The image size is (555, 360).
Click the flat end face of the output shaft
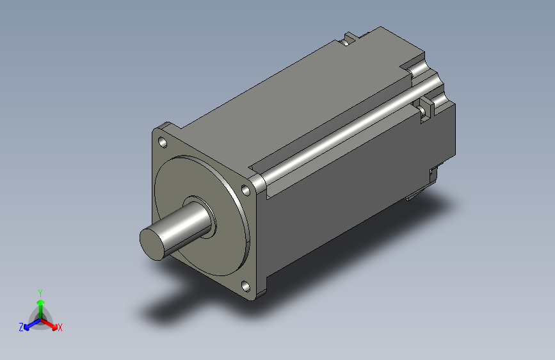click(153, 244)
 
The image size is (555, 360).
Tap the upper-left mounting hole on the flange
click(163, 142)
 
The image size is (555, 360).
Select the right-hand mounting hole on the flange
click(246, 190)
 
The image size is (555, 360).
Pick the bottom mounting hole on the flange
click(246, 286)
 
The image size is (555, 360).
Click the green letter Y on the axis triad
click(40, 293)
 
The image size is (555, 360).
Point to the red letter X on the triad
click(60, 328)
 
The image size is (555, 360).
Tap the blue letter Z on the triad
click(21, 327)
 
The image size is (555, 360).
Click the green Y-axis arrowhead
click(41, 302)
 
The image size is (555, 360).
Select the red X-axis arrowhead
click(54, 327)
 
